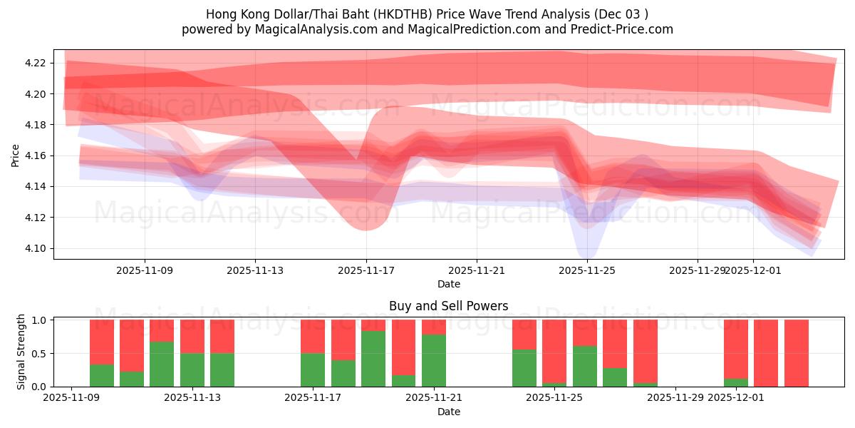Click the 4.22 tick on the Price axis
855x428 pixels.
[x=36, y=63]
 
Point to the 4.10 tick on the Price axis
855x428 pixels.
[x=36, y=248]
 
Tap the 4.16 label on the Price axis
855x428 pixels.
[x=36, y=156]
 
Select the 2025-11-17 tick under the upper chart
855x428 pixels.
[x=366, y=270]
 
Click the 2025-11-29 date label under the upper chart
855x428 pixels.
[x=698, y=270]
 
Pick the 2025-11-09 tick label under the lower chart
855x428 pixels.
[x=71, y=397]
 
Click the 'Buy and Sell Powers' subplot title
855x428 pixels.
[x=448, y=306]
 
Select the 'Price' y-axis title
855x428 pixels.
[x=16, y=156]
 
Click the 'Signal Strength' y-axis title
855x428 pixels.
[x=21, y=352]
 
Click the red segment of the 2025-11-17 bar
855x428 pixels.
[x=313, y=336]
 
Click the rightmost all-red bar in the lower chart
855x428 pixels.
[x=797, y=353]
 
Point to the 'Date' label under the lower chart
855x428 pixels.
[x=448, y=412]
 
